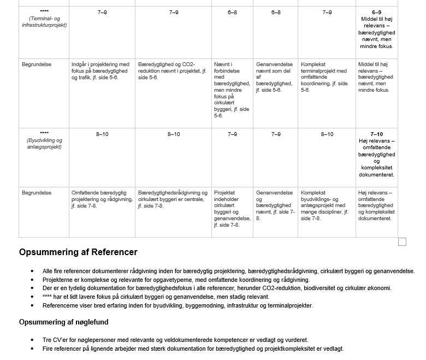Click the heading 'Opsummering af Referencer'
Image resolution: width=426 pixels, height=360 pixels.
click(78, 252)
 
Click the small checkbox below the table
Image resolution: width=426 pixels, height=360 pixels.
click(403, 242)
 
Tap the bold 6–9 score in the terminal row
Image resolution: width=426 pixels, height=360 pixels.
click(376, 13)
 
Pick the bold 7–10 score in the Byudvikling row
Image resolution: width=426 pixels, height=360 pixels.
click(376, 134)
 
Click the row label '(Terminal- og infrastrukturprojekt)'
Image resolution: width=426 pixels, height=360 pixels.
click(44, 22)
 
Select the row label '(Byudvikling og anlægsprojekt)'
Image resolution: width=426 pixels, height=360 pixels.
click(44, 144)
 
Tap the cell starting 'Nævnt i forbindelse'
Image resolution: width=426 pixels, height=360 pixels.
click(232, 90)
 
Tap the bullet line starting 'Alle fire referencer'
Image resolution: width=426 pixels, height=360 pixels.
click(228, 271)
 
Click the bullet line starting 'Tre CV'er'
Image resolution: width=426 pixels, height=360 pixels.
click(175, 340)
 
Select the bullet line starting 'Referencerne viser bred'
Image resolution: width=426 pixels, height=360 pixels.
click(177, 305)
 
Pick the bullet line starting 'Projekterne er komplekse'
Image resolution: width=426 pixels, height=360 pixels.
click(176, 280)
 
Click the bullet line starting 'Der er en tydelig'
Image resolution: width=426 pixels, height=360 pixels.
click(217, 288)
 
